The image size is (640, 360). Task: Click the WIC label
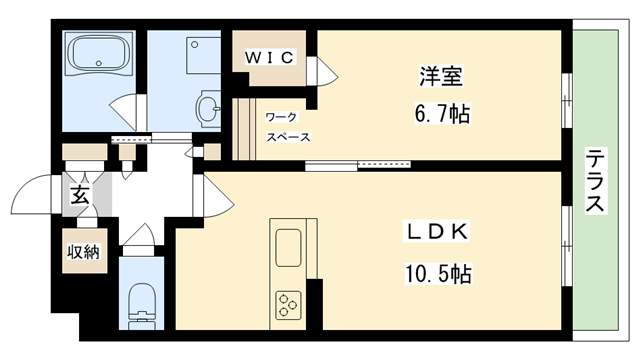tap(269, 58)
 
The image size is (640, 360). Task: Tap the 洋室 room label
tap(441, 76)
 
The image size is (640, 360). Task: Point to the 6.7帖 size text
tap(442, 113)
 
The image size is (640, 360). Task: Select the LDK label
tap(436, 232)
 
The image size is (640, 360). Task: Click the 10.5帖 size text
tap(438, 273)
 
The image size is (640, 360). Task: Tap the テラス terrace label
tap(596, 181)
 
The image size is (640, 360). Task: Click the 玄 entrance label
tap(80, 195)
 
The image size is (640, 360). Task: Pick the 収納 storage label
tap(83, 252)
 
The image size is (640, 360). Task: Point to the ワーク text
tap(282, 118)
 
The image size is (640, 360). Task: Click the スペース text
tap(289, 137)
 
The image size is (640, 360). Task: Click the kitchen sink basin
tap(289, 248)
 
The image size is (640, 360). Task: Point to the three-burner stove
tap(288, 305)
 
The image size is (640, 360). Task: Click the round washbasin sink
tap(208, 109)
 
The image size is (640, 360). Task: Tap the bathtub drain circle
tap(98, 63)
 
